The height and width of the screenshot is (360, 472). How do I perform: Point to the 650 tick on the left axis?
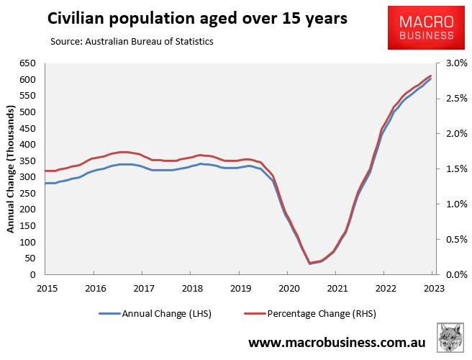click(29, 63)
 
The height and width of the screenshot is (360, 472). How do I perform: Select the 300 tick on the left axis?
click(29, 177)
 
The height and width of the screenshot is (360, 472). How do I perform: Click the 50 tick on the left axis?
click(31, 258)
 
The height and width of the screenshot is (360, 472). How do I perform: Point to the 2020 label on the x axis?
click(287, 288)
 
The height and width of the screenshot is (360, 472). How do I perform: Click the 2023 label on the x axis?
click(432, 288)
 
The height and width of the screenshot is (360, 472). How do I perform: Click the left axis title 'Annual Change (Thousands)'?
click(11, 169)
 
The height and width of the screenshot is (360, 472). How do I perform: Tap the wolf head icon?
click(450, 338)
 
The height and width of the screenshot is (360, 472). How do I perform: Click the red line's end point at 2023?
click(431, 76)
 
